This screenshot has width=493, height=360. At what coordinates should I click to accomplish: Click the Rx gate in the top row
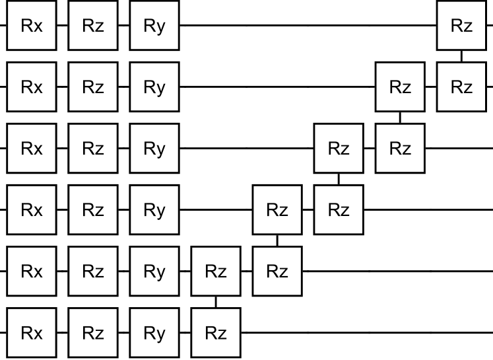(32, 26)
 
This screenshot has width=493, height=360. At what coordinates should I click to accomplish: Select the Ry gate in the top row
(154, 26)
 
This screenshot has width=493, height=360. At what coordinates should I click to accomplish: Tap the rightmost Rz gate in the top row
(461, 26)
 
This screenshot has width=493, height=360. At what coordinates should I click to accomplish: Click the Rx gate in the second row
(32, 87)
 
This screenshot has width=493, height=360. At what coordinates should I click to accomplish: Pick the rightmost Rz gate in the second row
(461, 87)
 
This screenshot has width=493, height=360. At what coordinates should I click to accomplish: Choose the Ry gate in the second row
(154, 87)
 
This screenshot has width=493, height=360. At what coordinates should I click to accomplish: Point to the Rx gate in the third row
(32, 149)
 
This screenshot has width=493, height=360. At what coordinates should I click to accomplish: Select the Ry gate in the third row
(154, 149)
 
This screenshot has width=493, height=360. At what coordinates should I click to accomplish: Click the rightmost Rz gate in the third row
(400, 149)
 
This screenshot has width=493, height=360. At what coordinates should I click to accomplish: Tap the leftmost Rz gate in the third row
(93, 149)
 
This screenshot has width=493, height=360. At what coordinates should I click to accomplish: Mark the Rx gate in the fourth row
(32, 210)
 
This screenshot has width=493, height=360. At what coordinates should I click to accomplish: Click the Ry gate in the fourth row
(154, 210)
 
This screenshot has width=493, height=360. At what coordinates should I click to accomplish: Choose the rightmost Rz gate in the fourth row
(339, 210)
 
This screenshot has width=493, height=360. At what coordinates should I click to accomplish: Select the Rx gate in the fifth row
(32, 271)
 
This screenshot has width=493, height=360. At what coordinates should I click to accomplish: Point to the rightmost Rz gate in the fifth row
(277, 271)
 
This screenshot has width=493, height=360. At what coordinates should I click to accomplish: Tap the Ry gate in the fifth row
(154, 271)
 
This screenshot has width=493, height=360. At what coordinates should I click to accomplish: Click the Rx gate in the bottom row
(32, 333)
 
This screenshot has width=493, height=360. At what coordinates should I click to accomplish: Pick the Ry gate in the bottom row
(154, 333)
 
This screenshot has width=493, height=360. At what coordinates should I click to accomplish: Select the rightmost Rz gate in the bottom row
(216, 333)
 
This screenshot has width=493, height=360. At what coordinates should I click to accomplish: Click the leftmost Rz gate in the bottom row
(93, 333)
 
